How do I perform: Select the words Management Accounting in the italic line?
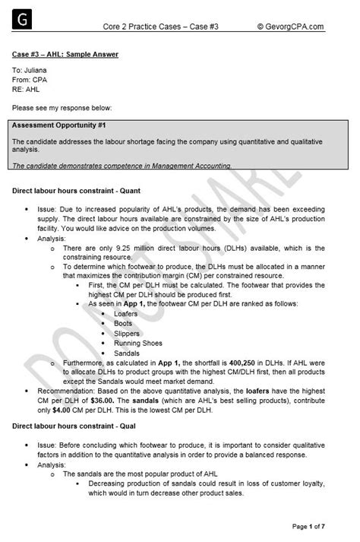coord(194,165)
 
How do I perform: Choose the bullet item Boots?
coord(123,324)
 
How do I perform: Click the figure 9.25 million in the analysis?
coord(127,248)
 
